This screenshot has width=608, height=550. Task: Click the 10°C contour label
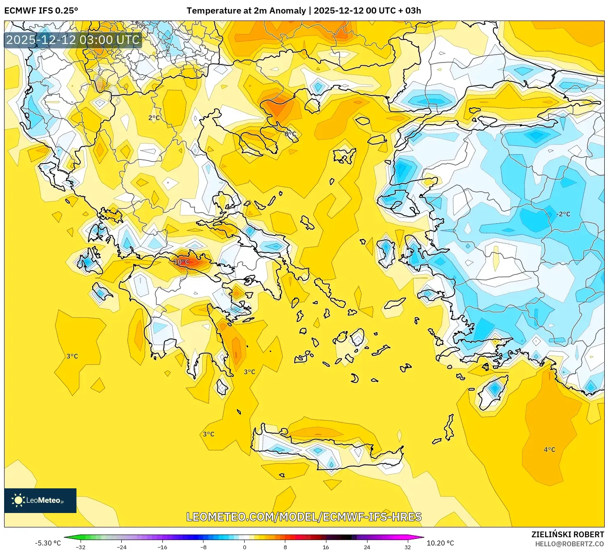coord(181,262)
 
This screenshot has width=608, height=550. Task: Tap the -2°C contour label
coord(563,214)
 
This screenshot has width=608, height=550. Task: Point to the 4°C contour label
coord(550,450)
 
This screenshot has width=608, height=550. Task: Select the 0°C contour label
coord(291,134)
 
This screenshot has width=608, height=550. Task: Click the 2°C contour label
coord(154,118)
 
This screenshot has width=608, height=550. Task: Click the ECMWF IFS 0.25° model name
coord(41,11)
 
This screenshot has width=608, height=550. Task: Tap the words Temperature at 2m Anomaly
coord(246,11)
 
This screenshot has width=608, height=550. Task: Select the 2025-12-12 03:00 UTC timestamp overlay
coord(73,40)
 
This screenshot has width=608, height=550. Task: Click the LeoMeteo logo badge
coord(40,500)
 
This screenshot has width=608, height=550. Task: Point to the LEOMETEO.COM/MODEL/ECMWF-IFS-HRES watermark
coord(304,517)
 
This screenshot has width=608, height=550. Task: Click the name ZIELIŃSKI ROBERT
coord(568,534)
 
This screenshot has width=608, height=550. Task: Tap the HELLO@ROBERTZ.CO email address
coord(569,544)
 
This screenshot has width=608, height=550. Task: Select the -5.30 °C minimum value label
coord(48,543)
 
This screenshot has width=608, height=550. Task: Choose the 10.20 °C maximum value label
coord(440,543)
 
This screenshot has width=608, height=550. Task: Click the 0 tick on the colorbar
coord(245,547)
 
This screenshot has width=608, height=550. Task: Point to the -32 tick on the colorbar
coord(81,547)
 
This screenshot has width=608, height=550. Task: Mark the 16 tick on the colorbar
coord(326,547)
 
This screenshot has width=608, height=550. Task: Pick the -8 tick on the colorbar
coord(203,547)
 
